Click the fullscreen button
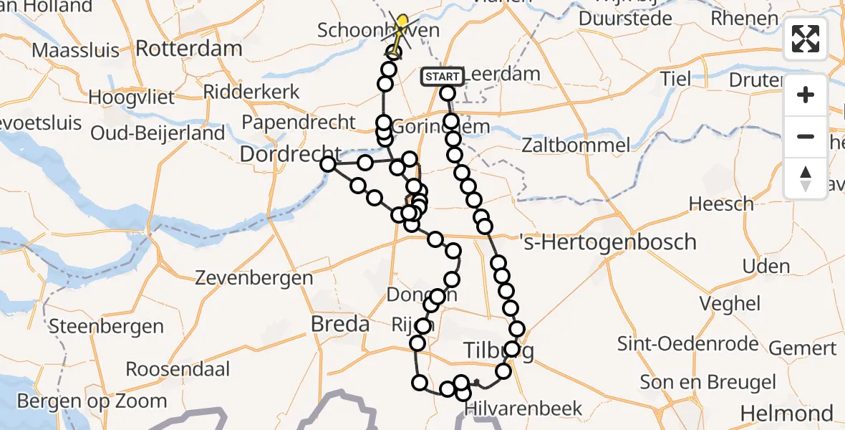click(x=806, y=39)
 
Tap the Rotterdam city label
click(x=188, y=49)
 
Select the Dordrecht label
click(x=290, y=153)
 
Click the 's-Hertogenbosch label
click(x=609, y=242)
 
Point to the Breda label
click(x=340, y=324)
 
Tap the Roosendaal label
click(x=178, y=369)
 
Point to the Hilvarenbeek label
click(x=523, y=408)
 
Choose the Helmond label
click(x=786, y=413)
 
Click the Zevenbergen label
click(x=254, y=278)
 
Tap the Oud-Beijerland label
click(x=158, y=134)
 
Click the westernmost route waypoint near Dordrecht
click(x=328, y=164)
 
